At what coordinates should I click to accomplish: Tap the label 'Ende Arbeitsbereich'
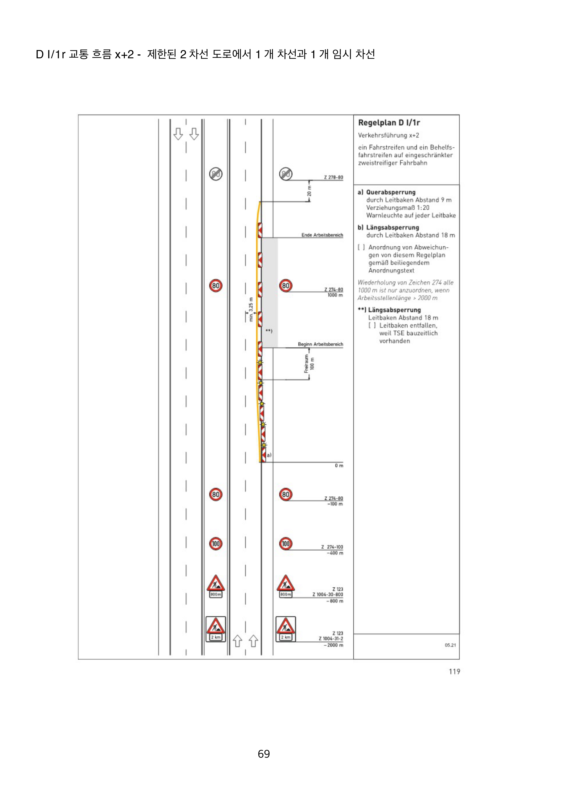click(322, 235)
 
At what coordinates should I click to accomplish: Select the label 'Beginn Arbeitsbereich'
click(320, 344)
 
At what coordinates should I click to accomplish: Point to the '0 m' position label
click(339, 466)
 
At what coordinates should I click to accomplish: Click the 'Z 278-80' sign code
click(333, 177)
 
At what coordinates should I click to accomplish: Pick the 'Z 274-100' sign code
click(332, 547)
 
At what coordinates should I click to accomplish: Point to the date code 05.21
click(450, 645)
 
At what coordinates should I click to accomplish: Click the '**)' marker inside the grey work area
click(269, 330)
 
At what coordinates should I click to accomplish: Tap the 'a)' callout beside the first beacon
click(269, 455)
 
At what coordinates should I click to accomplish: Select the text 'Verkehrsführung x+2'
click(388, 135)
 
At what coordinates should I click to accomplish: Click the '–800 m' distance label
click(334, 601)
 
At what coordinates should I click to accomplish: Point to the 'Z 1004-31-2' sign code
click(331, 639)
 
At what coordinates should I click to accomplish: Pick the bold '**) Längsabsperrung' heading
click(389, 310)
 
